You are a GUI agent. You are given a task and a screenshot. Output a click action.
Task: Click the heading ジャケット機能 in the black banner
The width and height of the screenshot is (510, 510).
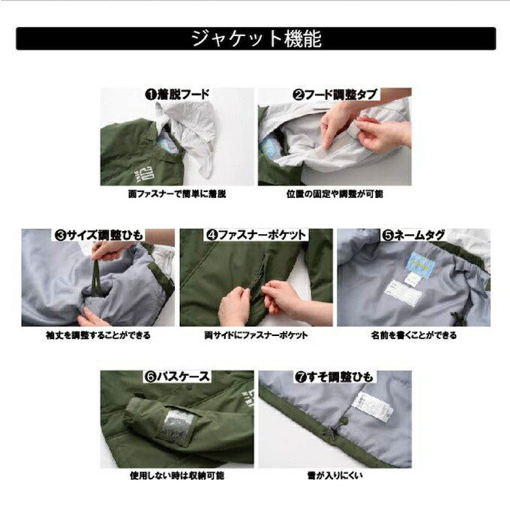(256, 39)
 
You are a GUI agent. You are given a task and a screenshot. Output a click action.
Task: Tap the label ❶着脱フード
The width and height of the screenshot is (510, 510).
(177, 94)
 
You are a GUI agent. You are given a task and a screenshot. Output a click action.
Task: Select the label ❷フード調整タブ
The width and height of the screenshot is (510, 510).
(334, 94)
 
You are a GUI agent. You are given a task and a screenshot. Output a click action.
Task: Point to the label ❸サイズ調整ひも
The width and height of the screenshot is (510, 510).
(98, 235)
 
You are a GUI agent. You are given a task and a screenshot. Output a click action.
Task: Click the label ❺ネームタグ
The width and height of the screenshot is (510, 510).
(413, 235)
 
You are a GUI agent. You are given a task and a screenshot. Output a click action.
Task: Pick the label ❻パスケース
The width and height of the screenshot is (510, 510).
(177, 376)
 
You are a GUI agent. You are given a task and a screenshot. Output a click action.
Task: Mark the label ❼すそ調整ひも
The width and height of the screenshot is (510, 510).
(334, 377)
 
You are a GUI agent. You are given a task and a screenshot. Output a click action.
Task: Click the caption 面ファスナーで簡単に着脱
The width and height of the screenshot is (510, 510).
(177, 194)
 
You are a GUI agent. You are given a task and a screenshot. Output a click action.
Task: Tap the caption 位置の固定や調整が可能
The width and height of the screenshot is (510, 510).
(334, 194)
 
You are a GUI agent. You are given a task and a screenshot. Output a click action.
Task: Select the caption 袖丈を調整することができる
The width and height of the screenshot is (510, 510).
(98, 335)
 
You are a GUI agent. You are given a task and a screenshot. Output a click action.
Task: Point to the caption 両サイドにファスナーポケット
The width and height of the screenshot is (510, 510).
(256, 335)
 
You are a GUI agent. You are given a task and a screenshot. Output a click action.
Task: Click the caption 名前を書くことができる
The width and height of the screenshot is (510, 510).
(414, 335)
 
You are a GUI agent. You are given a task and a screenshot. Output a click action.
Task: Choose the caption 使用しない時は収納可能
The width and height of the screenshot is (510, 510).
(177, 475)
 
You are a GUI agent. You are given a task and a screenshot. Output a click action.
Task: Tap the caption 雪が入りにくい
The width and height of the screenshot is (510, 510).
(334, 475)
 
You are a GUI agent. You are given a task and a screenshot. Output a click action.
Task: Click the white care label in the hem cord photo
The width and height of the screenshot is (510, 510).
(376, 407)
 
